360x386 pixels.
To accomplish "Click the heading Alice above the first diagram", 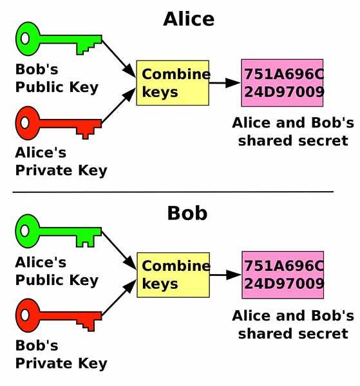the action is pyautogui.click(x=189, y=19).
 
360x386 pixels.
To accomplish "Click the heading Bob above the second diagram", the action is pyautogui.click(x=187, y=213).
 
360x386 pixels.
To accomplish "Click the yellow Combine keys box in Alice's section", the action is pyautogui.click(x=173, y=83).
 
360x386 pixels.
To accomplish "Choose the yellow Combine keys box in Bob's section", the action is pyautogui.click(x=173, y=275).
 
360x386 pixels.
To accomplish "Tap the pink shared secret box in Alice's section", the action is pyautogui.click(x=282, y=83).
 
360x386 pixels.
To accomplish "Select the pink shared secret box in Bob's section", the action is pyautogui.click(x=283, y=275).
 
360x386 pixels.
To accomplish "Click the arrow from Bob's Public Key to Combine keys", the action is pyautogui.click(x=118, y=59).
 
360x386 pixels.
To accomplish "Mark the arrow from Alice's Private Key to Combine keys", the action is pyautogui.click(x=118, y=106).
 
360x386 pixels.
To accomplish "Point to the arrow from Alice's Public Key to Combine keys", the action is pyautogui.click(x=118, y=251).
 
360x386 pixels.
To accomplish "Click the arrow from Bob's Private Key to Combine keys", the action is pyautogui.click(x=119, y=297).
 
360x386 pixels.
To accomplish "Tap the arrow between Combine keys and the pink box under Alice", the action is pyautogui.click(x=225, y=83).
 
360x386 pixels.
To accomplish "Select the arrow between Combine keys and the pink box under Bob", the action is pyautogui.click(x=225, y=275).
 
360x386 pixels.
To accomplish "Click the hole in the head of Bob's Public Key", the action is pyautogui.click(x=25, y=39).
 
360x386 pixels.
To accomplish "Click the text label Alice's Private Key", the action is pyautogui.click(x=61, y=161).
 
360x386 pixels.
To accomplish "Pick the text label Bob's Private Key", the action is pyautogui.click(x=61, y=354).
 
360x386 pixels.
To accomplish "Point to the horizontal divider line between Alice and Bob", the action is pyautogui.click(x=173, y=192).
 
